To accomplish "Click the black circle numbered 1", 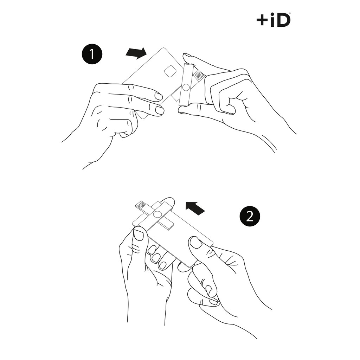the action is tap(92, 54).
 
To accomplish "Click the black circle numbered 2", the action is tap(250, 216).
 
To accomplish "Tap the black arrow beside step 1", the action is tap(136, 53).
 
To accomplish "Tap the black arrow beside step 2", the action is tap(195, 208).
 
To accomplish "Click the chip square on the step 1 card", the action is tap(170, 71).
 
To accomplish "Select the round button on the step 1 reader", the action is tap(186, 88).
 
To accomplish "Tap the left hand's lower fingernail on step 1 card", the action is tap(160, 110).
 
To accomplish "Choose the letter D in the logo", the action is tap(284, 21).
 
